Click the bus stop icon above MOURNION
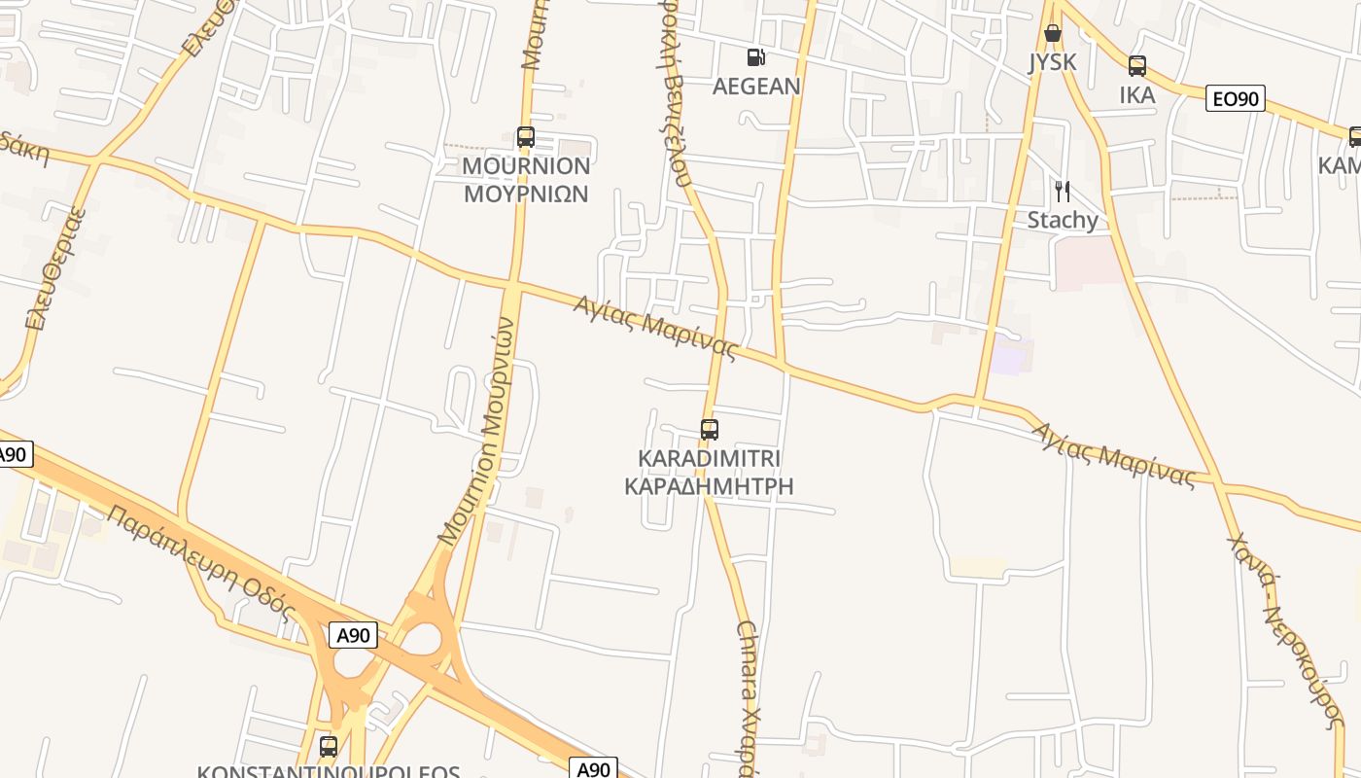point(526,137)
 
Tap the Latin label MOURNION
point(526,165)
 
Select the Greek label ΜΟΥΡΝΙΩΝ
point(526,194)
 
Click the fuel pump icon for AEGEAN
point(755,57)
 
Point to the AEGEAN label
point(756,87)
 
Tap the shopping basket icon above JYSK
point(1052,34)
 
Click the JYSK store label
point(1053,62)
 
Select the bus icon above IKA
point(1136,66)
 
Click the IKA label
point(1136,94)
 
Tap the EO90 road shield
point(1235,98)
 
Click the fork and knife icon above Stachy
point(1063,191)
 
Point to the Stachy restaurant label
point(1063,220)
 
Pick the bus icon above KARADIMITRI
point(710,429)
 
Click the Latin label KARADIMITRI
point(710,458)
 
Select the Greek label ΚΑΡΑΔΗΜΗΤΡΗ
point(709,485)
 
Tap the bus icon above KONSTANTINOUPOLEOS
point(329,747)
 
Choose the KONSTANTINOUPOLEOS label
point(329,771)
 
